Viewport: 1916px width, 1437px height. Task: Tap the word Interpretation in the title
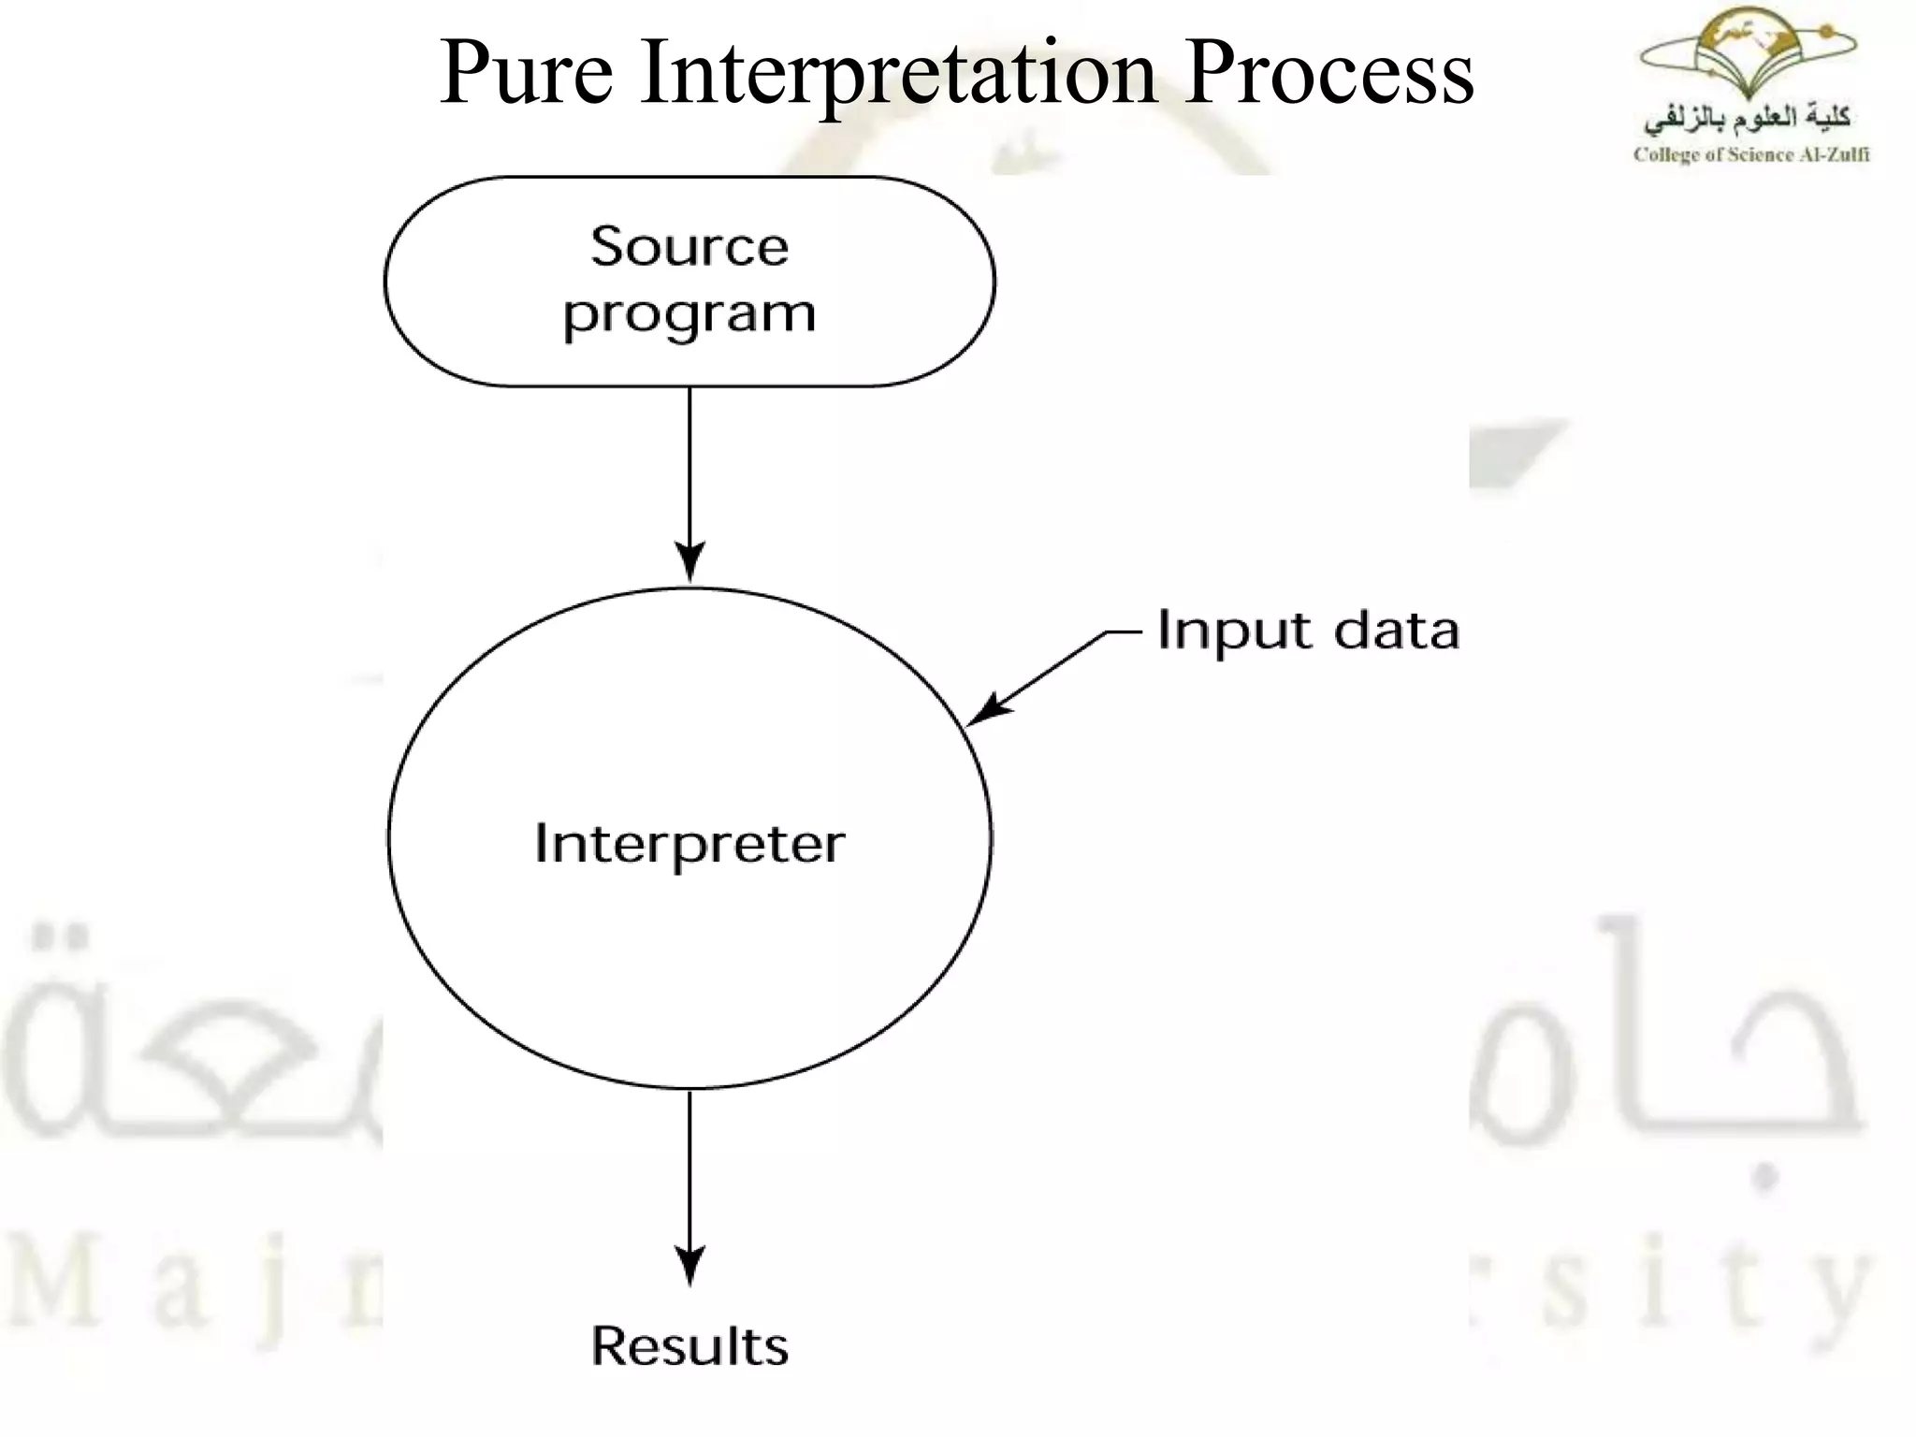[899, 75]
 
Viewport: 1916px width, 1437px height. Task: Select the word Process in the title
[1328, 73]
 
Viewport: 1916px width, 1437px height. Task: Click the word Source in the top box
[689, 247]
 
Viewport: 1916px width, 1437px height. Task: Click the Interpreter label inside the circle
[689, 844]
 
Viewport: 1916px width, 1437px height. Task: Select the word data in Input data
[1396, 631]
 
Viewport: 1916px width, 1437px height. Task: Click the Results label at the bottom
[689, 1346]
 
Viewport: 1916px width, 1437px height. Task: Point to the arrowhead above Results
[689, 1265]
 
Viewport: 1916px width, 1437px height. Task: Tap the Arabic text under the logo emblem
[1748, 120]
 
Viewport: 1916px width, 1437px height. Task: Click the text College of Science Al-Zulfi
[1750, 155]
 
